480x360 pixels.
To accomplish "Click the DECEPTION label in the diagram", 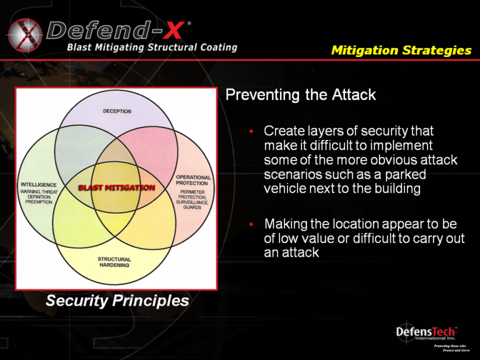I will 117,111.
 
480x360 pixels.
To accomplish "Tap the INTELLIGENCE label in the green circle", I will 39,184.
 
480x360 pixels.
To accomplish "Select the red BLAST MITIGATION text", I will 116,187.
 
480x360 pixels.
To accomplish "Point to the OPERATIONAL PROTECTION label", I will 193,180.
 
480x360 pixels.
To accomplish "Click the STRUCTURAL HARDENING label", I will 114,262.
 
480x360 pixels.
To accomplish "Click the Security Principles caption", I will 117,301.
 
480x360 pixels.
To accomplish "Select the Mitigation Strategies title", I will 401,50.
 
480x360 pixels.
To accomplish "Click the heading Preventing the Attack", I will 300,96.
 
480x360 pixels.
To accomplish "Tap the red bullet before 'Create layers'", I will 251,132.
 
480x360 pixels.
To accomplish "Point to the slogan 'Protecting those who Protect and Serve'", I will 449,348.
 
